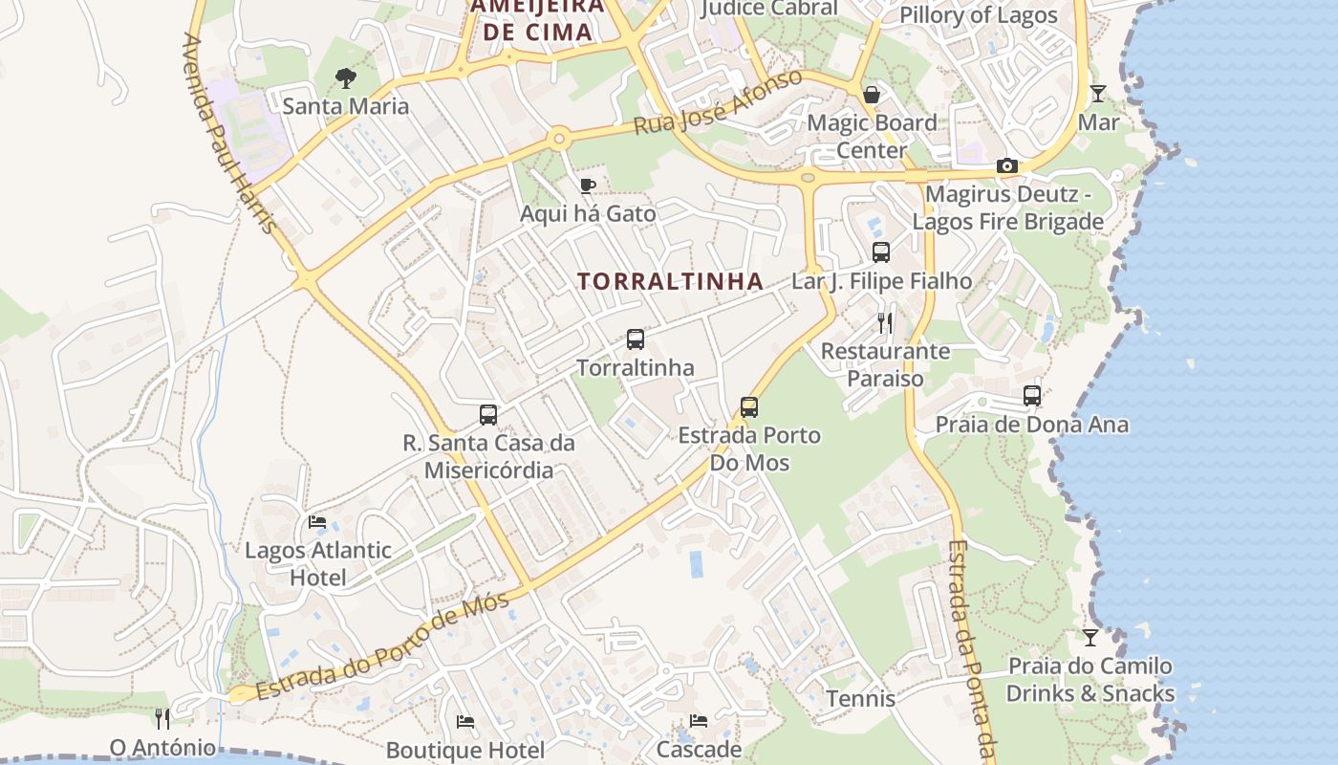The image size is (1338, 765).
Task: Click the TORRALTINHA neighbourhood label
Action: click(x=671, y=281)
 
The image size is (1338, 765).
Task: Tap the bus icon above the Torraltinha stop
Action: click(x=636, y=339)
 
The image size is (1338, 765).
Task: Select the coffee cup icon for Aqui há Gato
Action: click(x=588, y=186)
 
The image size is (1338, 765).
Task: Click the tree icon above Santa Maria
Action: click(x=345, y=77)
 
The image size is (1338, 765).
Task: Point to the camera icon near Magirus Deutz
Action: click(x=1006, y=165)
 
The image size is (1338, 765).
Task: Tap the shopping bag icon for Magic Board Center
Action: click(x=872, y=95)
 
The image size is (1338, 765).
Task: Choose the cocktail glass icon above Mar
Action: click(x=1098, y=94)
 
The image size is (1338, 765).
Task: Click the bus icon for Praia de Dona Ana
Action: click(x=1032, y=396)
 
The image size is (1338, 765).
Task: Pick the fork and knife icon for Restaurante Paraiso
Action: click(x=885, y=322)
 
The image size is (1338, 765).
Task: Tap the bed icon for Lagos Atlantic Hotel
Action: click(x=317, y=522)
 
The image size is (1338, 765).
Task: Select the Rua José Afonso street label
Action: click(x=719, y=101)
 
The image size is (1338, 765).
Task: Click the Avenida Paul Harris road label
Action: click(x=229, y=134)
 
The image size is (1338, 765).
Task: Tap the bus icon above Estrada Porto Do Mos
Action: click(x=749, y=407)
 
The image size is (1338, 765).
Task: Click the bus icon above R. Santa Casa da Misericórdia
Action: click(x=488, y=415)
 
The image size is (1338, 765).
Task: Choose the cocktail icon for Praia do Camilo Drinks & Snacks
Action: click(x=1090, y=637)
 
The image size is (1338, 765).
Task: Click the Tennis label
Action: click(x=861, y=699)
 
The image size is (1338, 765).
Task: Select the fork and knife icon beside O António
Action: click(x=162, y=718)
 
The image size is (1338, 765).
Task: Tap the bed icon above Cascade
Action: click(x=699, y=721)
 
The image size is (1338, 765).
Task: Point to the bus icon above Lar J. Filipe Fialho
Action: click(x=881, y=252)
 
